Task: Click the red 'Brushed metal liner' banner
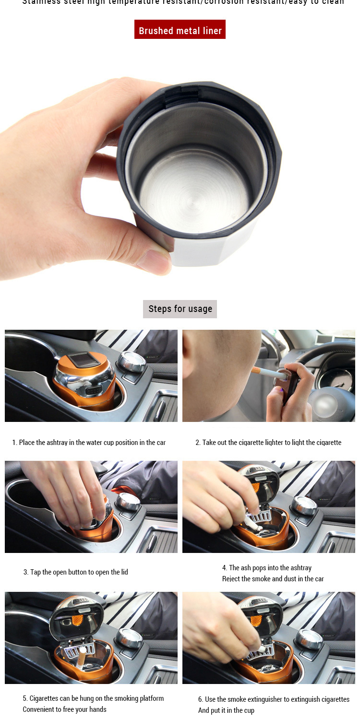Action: [x=180, y=30]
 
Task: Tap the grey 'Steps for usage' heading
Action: [x=180, y=309]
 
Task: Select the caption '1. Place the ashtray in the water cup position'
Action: [x=89, y=443]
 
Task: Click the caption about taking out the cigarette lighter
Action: [x=268, y=443]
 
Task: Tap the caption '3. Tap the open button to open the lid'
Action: [x=76, y=572]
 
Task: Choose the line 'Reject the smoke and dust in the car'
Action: [x=273, y=579]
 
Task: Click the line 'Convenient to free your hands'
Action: [x=64, y=709]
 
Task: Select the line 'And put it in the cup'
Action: [x=226, y=710]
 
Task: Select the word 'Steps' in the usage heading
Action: [x=158, y=309]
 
